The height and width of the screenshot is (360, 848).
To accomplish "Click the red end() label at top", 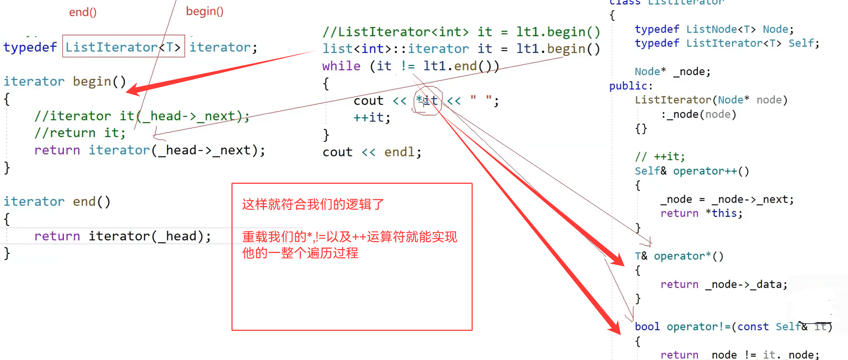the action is [83, 12].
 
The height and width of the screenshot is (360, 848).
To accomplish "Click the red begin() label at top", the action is [204, 11].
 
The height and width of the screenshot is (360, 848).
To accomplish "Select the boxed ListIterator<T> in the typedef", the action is [123, 47].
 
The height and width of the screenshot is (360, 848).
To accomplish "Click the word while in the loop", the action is [341, 66].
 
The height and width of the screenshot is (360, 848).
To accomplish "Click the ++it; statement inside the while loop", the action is [372, 117].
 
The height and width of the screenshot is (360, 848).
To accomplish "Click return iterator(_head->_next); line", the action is [149, 150].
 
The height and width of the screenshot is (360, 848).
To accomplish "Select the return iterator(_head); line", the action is [122, 236].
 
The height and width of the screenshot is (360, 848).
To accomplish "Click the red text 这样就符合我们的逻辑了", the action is [313, 204].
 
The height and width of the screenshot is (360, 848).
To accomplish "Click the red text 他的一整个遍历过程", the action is [300, 253].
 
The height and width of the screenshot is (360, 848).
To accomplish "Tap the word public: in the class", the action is [631, 86].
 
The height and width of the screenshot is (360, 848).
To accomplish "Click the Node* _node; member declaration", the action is [672, 71].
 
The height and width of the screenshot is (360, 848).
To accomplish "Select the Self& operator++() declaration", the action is [692, 171].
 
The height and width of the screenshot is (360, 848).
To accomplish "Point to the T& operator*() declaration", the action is [679, 256].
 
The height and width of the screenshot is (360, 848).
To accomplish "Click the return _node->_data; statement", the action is [724, 284].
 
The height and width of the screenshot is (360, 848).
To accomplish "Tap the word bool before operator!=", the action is [647, 326].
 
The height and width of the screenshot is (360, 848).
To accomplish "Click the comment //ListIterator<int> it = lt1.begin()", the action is [461, 32].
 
